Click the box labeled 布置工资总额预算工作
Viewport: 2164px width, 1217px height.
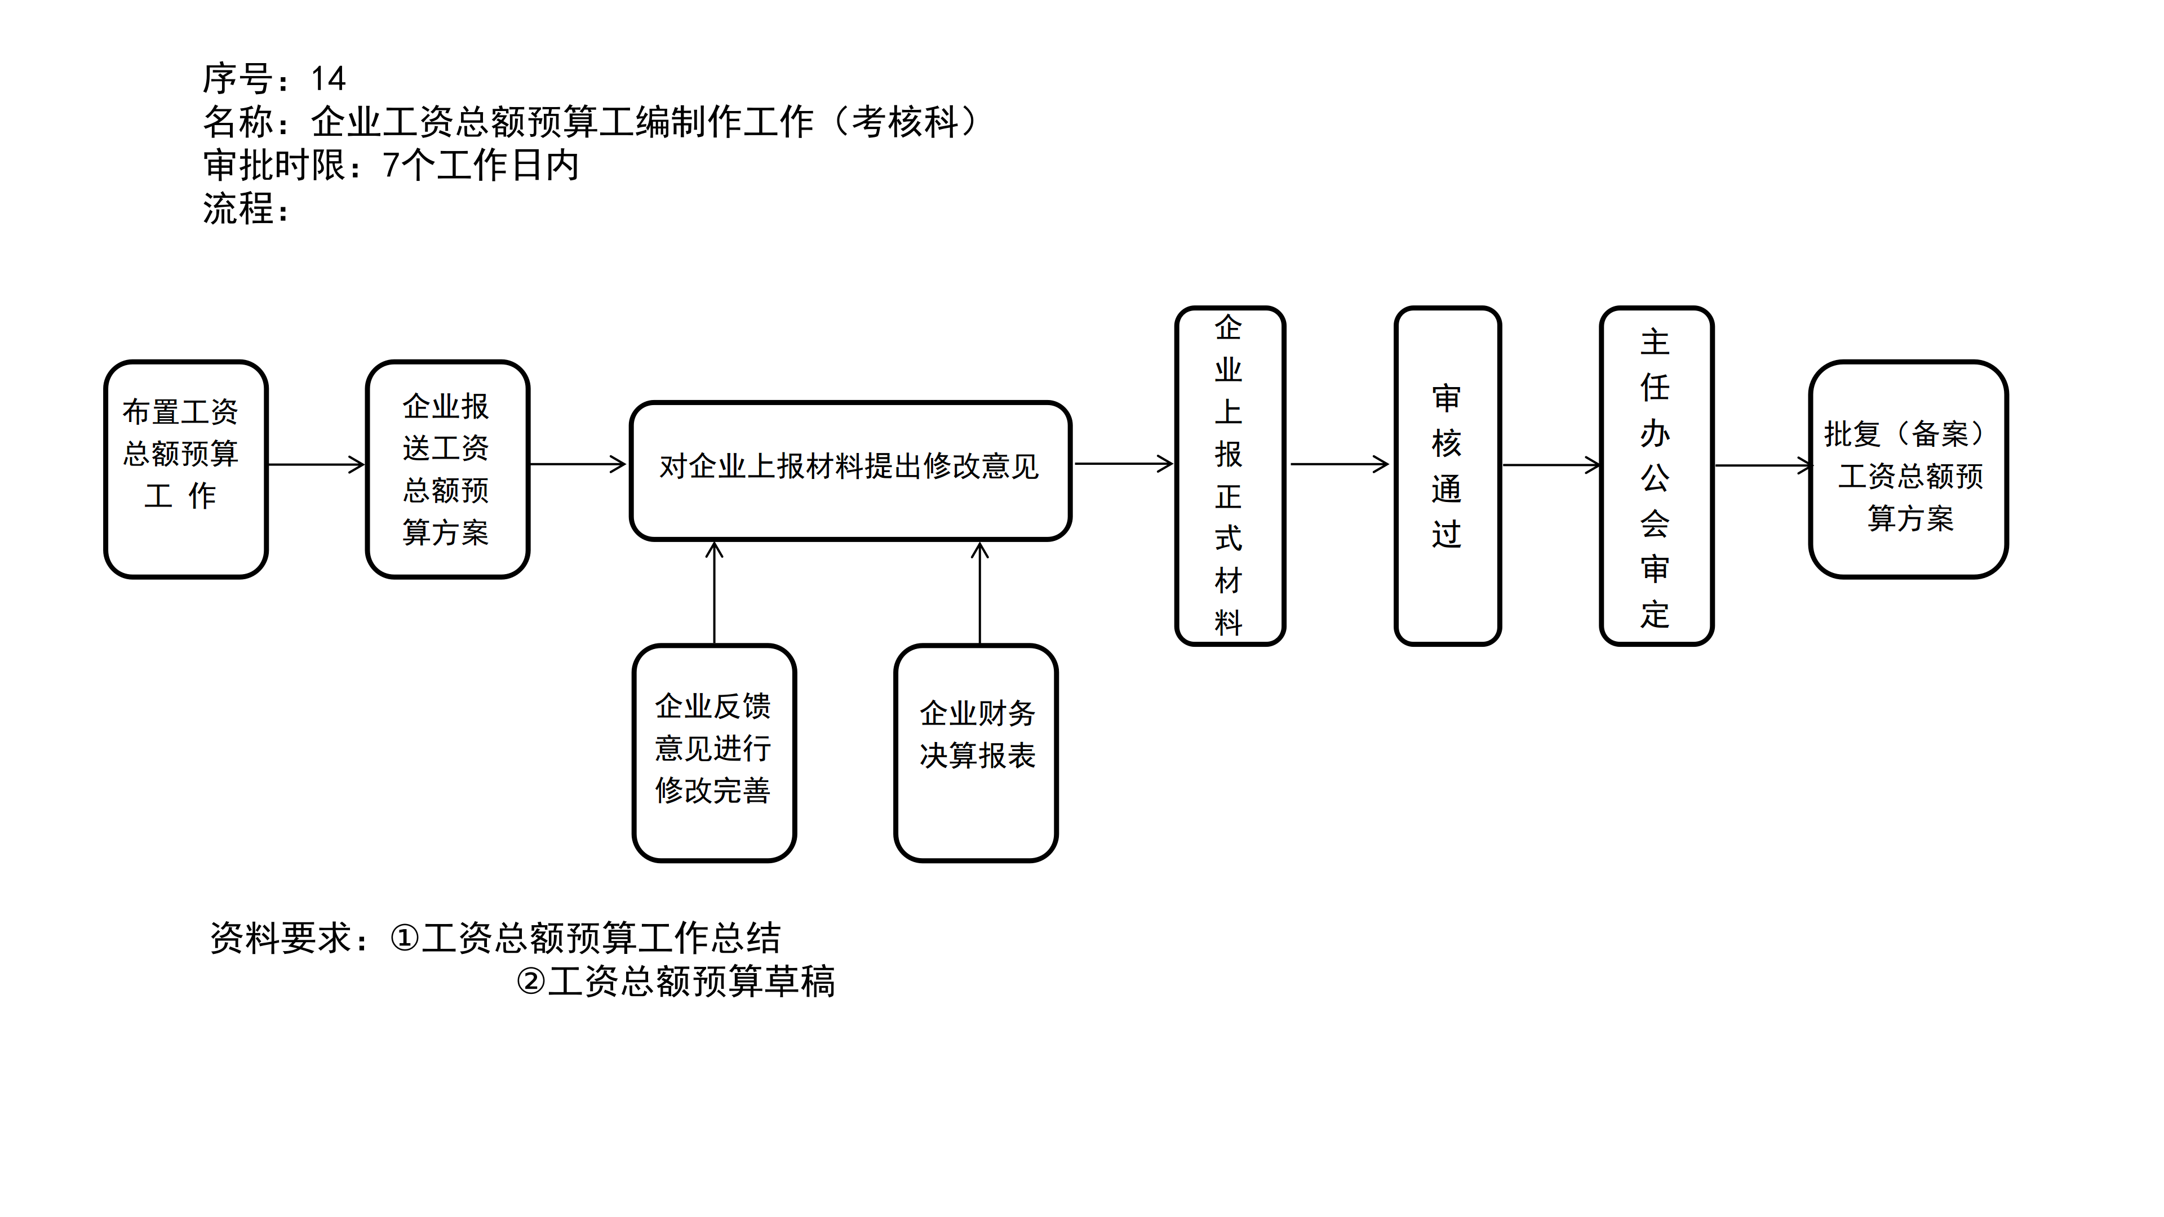click(x=185, y=469)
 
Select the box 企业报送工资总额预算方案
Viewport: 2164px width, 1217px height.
click(x=447, y=469)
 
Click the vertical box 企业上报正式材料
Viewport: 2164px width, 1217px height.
click(x=1229, y=476)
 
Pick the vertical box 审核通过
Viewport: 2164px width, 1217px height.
click(x=1447, y=476)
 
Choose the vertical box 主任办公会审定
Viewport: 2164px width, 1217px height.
click(x=1655, y=476)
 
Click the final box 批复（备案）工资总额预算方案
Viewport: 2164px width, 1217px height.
click(x=1908, y=469)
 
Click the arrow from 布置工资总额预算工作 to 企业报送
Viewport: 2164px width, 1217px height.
click(x=316, y=464)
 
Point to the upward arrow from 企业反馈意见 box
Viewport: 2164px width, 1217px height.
click(x=714, y=593)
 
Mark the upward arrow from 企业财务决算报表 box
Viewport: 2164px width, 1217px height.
click(x=979, y=593)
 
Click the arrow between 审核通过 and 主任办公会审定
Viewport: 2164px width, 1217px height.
click(x=1551, y=464)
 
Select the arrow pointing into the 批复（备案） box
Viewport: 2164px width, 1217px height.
click(x=1762, y=464)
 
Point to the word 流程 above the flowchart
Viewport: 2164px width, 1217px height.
click(x=238, y=208)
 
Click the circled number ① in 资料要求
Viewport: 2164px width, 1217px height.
click(x=404, y=938)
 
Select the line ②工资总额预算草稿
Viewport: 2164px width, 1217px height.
click(x=676, y=981)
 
